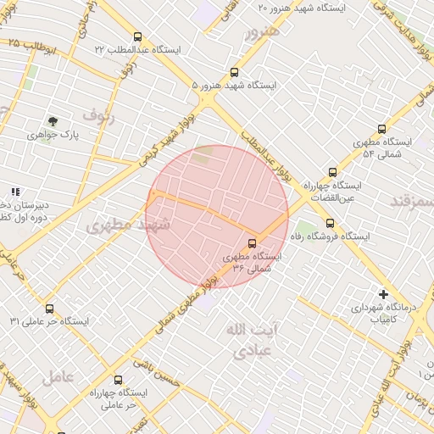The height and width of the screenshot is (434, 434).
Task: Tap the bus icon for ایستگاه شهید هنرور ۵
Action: point(235,73)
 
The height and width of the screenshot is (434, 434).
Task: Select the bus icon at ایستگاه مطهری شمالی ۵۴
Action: point(381,129)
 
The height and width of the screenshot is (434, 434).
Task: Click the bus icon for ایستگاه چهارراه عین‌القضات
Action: point(332,172)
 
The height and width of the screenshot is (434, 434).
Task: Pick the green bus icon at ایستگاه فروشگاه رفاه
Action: point(328,225)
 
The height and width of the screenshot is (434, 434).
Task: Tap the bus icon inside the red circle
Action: point(251,243)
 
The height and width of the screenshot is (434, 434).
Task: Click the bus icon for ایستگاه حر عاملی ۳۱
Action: point(49,309)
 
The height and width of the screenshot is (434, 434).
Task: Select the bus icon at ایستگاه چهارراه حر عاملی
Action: point(117,381)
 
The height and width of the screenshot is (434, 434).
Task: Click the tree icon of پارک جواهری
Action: point(53,121)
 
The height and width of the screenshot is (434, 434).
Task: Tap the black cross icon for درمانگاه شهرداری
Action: point(384,295)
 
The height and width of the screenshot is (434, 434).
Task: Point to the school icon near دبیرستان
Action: point(14,192)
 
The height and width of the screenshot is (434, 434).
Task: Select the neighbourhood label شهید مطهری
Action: point(128,225)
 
